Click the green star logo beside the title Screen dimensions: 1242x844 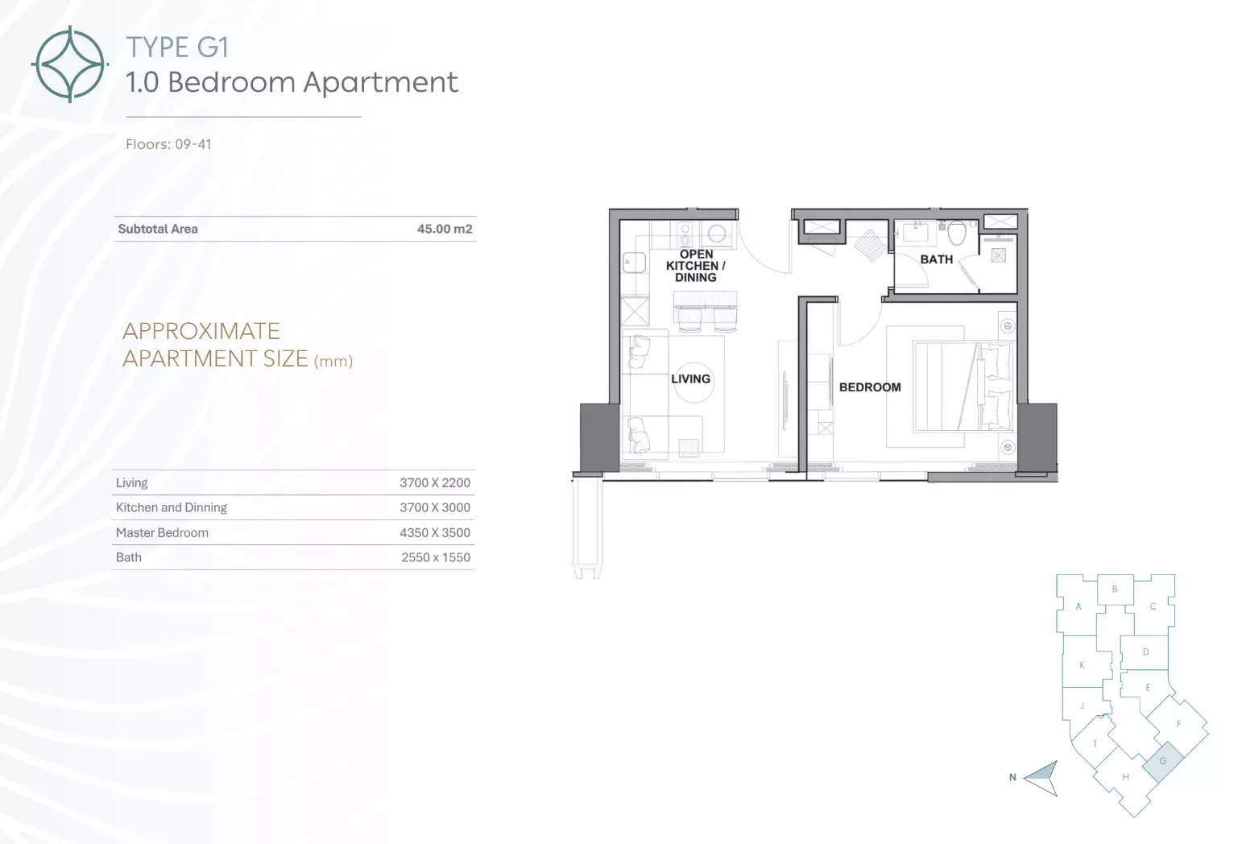pos(70,64)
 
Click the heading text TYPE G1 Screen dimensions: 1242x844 pos(177,48)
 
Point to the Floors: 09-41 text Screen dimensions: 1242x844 pos(168,144)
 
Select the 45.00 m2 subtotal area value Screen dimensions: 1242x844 pos(445,229)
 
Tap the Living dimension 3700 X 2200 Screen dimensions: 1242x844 pos(435,483)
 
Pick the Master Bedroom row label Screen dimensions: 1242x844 pos(162,533)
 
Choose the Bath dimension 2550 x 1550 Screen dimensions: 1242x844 pos(436,557)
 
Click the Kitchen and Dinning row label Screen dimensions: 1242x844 pos(172,507)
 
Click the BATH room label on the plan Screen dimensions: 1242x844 pos(937,259)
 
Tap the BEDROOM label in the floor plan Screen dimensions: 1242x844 pos(870,387)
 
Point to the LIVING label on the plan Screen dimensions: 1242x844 pos(690,379)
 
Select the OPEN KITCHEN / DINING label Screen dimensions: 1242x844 pos(696,266)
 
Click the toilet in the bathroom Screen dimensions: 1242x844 pos(956,233)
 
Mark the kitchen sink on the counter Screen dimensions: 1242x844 pos(634,263)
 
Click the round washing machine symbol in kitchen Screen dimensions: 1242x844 pos(717,234)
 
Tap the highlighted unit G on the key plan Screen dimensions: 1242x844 pos(1163,761)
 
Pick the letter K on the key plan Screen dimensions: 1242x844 pos(1082,665)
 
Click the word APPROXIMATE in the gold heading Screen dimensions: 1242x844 pos(201,331)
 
